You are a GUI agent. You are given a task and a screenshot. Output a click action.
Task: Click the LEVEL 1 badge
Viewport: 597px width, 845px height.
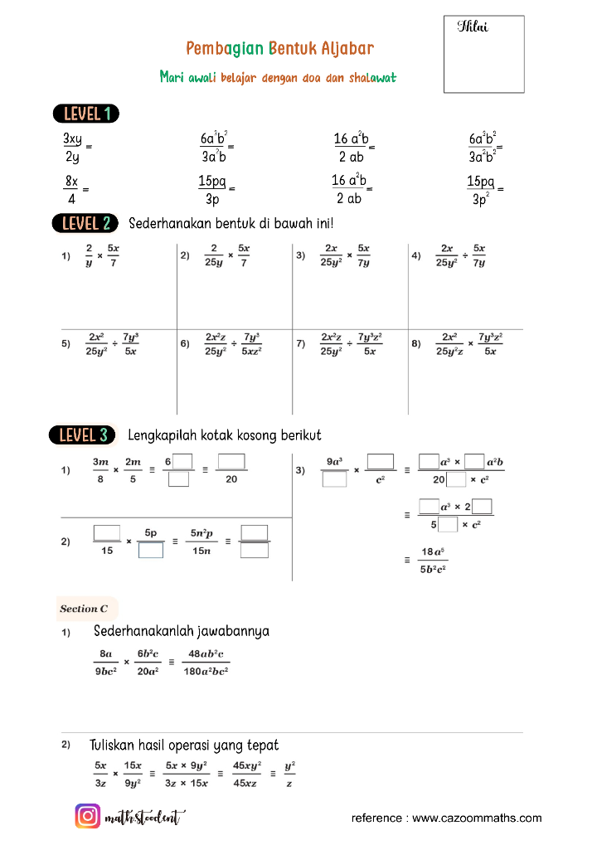85,114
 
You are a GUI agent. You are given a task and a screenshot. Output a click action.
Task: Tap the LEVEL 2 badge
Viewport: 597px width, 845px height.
85,223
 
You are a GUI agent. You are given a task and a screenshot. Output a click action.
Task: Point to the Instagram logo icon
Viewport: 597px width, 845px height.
88,817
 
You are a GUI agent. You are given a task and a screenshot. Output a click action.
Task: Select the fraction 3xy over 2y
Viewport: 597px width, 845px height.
72,147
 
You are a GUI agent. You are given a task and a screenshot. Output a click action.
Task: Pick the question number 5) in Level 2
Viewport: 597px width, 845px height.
66,344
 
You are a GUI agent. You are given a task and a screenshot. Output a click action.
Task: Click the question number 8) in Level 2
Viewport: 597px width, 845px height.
416,344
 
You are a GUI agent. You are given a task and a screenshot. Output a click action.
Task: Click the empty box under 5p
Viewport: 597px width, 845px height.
150,549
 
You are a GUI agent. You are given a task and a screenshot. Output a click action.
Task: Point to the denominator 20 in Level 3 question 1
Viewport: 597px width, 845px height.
231,479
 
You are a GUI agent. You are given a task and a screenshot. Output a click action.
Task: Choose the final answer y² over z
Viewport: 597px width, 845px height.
289,775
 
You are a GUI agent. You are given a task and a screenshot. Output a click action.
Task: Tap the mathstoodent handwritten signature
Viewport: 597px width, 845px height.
144,818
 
